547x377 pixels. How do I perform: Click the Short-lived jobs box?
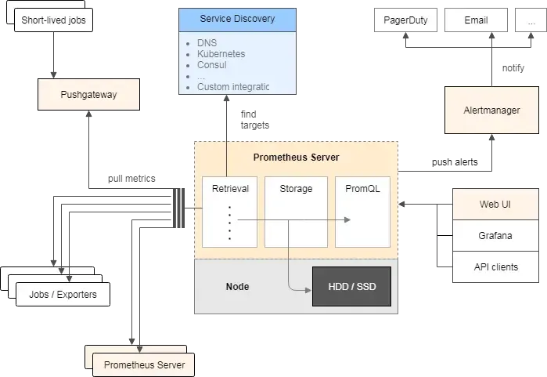(x=54, y=19)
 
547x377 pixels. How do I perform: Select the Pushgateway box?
(x=88, y=96)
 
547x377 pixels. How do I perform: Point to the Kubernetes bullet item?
(x=221, y=54)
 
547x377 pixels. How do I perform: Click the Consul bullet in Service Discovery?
(x=212, y=65)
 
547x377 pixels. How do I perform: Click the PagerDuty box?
(x=405, y=20)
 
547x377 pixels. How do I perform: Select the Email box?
(x=476, y=20)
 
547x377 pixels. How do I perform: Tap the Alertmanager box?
(x=491, y=110)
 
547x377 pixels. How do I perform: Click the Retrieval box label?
(x=229, y=189)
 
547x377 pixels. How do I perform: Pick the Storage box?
(x=296, y=189)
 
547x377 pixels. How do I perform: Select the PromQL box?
(x=362, y=189)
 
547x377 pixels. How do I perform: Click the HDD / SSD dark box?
(x=351, y=287)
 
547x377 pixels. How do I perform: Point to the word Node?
(x=237, y=287)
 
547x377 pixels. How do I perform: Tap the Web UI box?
(x=495, y=205)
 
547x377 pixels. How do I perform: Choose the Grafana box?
(x=495, y=235)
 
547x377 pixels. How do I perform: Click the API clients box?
(x=495, y=266)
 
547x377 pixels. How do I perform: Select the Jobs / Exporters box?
(x=63, y=295)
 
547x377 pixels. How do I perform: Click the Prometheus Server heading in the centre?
(x=296, y=158)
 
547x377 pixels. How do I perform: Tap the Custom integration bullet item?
(x=233, y=87)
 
